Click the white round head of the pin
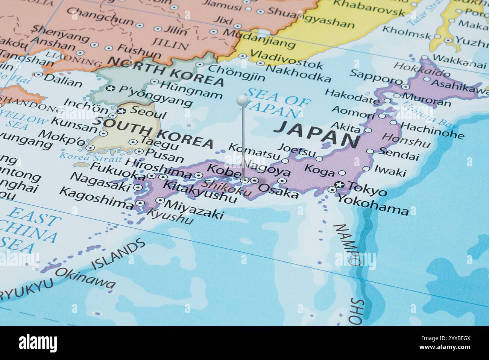(242, 100)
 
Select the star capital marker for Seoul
(121, 111)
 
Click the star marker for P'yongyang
(110, 88)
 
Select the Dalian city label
(63, 80)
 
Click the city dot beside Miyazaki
(161, 201)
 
